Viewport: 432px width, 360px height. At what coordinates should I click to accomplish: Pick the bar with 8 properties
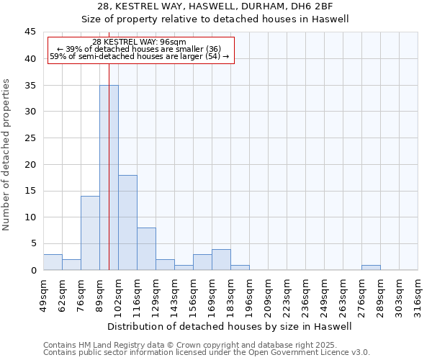pyautogui.click(x=146, y=248)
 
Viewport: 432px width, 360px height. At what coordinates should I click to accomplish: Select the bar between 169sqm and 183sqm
pyautogui.click(x=221, y=260)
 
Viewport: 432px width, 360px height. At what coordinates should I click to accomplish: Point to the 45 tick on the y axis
pyautogui.click(x=30, y=32)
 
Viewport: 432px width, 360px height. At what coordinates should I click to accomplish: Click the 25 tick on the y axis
pyautogui.click(x=30, y=138)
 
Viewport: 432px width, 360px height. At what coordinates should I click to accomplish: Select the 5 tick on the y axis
pyautogui.click(x=33, y=244)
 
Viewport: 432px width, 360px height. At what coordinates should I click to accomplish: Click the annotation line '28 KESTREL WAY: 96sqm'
pyautogui.click(x=140, y=42)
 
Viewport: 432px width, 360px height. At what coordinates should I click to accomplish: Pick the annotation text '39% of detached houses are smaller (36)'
pyautogui.click(x=143, y=49)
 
